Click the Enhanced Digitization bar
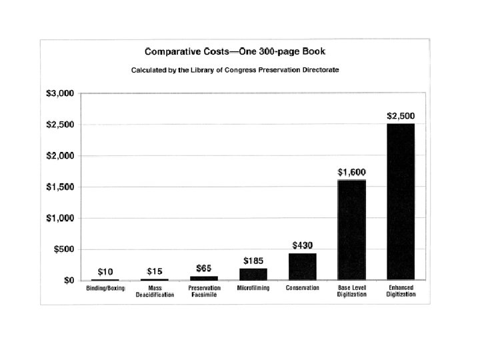[401, 202]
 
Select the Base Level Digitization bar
[352, 230]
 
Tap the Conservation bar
[303, 267]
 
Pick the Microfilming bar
[253, 274]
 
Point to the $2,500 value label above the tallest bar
[401, 116]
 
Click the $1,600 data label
[352, 173]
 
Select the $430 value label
[303, 245]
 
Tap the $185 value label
[253, 261]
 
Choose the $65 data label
[204, 269]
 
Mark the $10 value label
[105, 272]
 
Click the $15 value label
[155, 271]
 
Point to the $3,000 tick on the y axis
[60, 93]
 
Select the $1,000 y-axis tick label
[60, 218]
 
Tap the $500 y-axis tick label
[64, 249]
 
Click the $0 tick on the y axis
[69, 281]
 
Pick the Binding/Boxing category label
[105, 289]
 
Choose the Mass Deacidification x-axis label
[155, 291]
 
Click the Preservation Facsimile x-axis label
[204, 291]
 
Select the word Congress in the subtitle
[240, 70]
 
